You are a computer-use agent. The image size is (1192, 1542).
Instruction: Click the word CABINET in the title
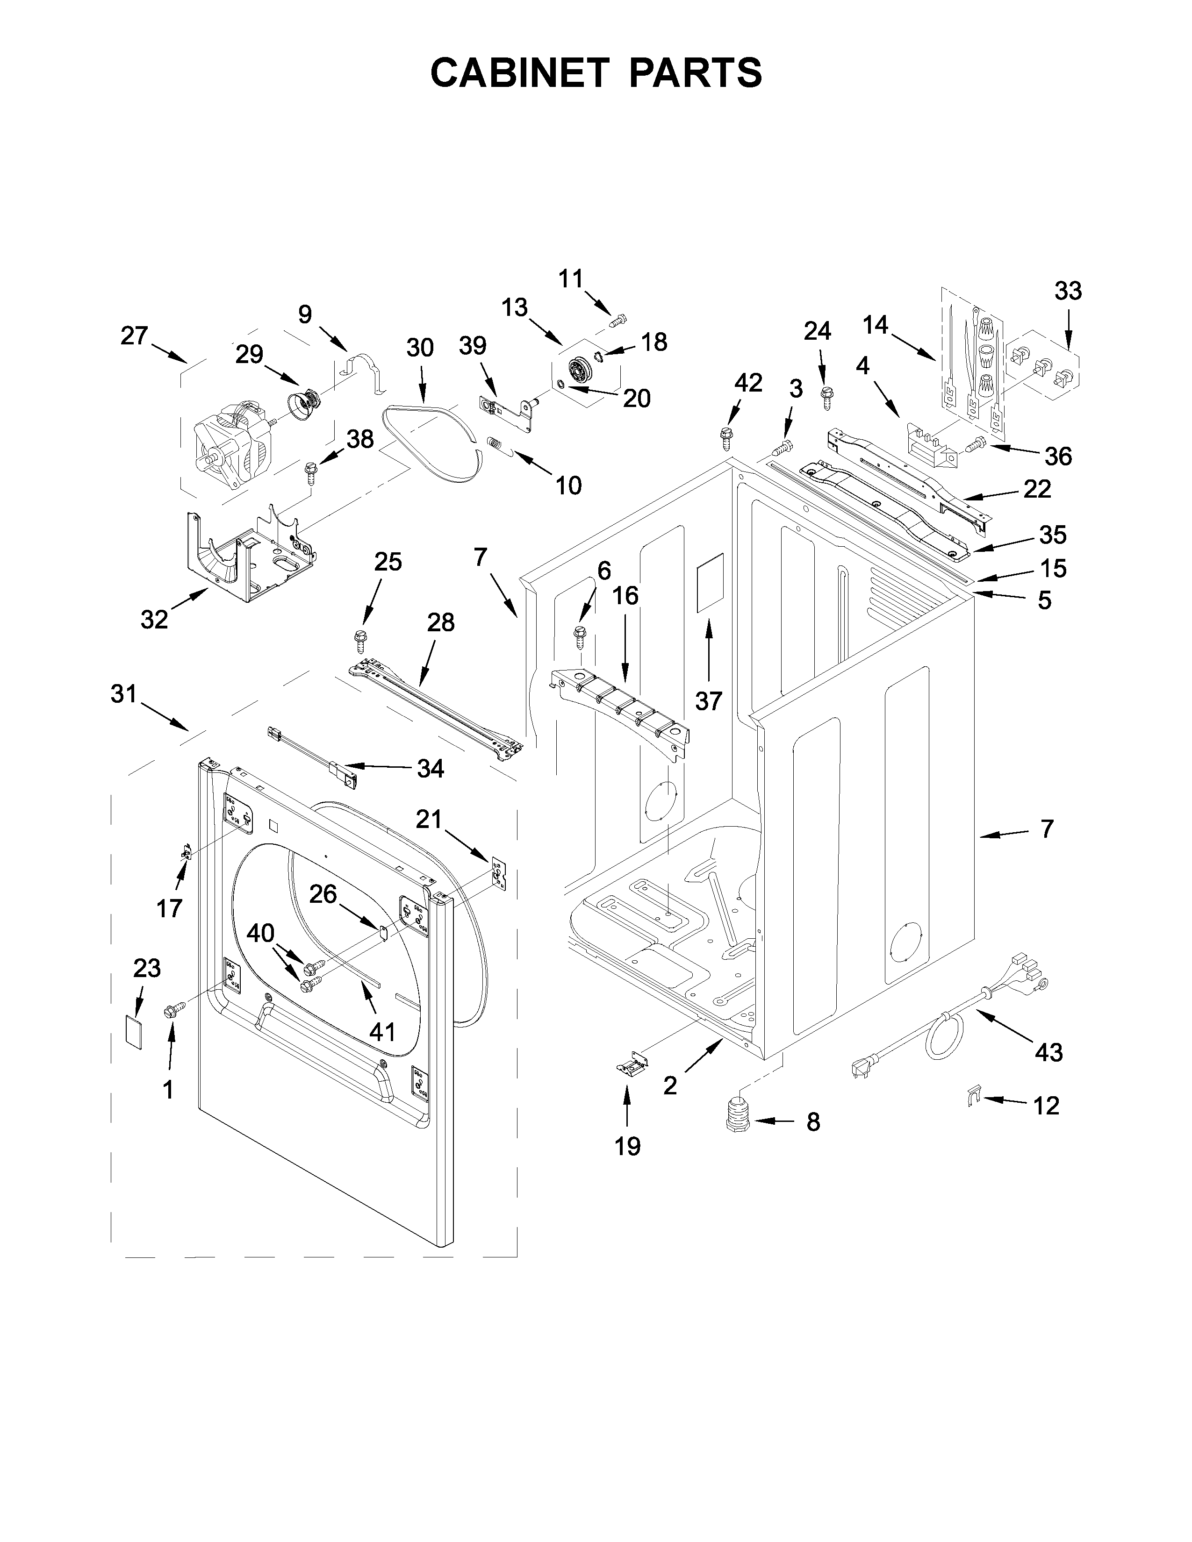(x=519, y=73)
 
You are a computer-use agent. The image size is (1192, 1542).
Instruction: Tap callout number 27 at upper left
(x=134, y=336)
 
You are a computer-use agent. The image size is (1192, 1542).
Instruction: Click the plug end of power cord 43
(x=863, y=1068)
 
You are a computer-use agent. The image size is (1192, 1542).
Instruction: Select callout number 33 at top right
(x=1068, y=291)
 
